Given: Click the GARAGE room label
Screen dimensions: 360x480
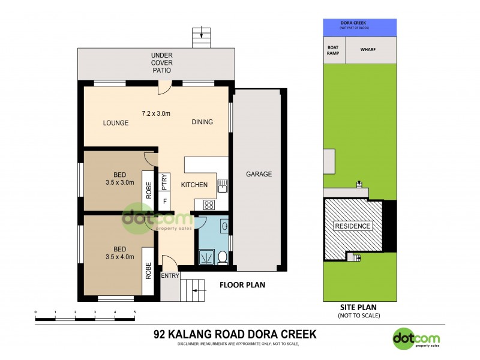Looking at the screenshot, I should coord(259,175).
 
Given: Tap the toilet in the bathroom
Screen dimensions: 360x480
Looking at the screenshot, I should coord(221,257).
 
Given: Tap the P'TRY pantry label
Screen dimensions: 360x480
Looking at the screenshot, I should coord(164,181).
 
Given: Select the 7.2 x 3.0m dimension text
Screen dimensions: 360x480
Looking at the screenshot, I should coord(156,113).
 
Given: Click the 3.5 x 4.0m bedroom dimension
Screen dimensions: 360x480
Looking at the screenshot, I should coord(119,256).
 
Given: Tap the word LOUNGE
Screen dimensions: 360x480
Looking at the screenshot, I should coord(116,123).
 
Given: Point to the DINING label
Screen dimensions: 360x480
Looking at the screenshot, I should coord(202,122).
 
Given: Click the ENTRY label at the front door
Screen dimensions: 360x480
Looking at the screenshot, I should coord(170,276).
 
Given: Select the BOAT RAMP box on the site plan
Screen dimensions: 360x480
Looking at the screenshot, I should coord(332,50).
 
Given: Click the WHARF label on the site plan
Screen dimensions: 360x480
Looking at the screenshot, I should coord(368,50).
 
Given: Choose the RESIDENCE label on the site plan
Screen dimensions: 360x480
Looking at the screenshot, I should coord(353,226).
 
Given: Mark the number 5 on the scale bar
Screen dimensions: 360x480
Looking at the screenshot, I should coord(134,313).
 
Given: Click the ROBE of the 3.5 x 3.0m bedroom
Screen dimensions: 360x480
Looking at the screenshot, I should coord(149,191).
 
